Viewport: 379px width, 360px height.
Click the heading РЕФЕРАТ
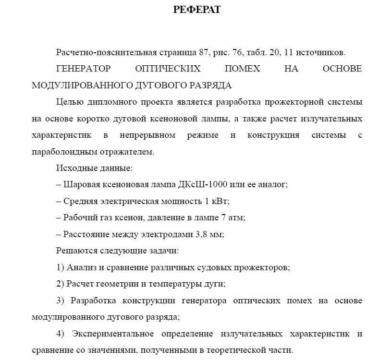point(196,10)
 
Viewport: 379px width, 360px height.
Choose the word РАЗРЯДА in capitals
point(209,85)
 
